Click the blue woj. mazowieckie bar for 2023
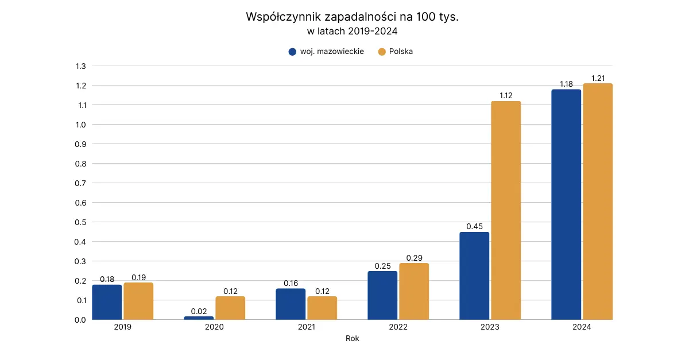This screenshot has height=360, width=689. [x=474, y=276]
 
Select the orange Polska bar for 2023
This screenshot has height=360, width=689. [x=506, y=210]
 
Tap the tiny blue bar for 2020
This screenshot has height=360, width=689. [x=199, y=318]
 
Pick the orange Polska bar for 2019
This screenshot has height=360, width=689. [x=138, y=301]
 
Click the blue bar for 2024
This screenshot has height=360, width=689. [x=566, y=204]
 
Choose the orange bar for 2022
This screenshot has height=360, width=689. [x=414, y=291]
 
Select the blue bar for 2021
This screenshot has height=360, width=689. [x=291, y=304]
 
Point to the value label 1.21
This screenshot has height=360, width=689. [x=598, y=78]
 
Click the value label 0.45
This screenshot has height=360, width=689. [x=474, y=226]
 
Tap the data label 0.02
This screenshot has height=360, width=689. [x=199, y=311]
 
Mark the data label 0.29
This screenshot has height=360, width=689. [x=414, y=258]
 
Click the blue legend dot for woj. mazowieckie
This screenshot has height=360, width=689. [x=292, y=52]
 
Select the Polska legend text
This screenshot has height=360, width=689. [x=401, y=52]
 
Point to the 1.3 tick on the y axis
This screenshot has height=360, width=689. [x=80, y=66]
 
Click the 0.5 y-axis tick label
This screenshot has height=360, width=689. [x=80, y=222]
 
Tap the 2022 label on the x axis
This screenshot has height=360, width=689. [x=398, y=327]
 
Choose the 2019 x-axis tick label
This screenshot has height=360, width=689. [x=122, y=327]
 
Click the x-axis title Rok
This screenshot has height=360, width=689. [x=352, y=338]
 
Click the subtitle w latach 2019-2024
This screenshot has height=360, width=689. [x=352, y=31]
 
